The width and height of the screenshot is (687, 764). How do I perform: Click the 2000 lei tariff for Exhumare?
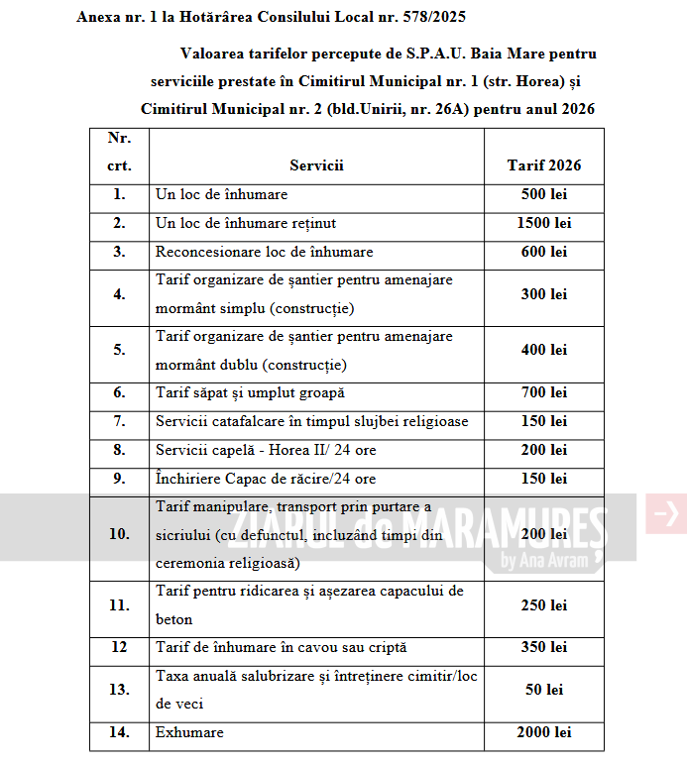point(544,733)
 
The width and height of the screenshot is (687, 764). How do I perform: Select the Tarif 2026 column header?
point(544,165)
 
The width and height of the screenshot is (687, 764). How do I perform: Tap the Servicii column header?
point(316,165)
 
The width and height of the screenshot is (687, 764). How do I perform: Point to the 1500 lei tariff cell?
point(544,224)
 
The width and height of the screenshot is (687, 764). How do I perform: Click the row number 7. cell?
point(119,422)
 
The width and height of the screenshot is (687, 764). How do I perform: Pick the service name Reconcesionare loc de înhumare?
point(265,252)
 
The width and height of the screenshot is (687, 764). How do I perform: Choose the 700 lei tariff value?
point(544,393)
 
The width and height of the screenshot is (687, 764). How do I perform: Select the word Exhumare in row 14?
point(189,733)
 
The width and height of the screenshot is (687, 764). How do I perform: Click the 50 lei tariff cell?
point(544,690)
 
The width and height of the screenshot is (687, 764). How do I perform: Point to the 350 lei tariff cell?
point(544,648)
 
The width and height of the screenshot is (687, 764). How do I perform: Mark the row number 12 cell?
point(119,648)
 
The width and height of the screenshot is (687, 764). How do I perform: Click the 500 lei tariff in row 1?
point(544,195)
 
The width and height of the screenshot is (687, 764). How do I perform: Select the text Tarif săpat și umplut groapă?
point(250,393)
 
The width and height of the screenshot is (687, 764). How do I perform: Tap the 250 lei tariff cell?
point(544,605)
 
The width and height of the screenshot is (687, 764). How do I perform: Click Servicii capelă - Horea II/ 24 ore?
point(266,451)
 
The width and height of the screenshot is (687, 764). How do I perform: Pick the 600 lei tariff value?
point(544,252)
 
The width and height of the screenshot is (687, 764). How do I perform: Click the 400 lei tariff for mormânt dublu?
point(544,351)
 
